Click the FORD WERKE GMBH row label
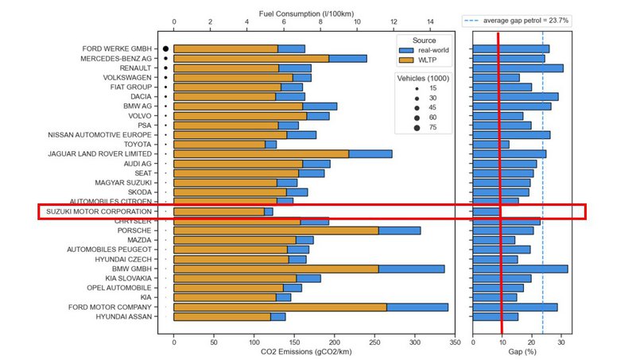pos(119,49)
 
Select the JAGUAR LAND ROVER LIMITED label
pos(100,154)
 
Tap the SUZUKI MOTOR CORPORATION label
pos(99,212)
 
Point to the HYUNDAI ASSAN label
pos(126,317)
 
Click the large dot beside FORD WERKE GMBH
pos(165,49)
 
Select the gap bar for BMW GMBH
pos(520,269)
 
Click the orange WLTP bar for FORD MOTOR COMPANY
pos(280,308)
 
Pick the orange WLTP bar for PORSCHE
pos(275,230)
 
